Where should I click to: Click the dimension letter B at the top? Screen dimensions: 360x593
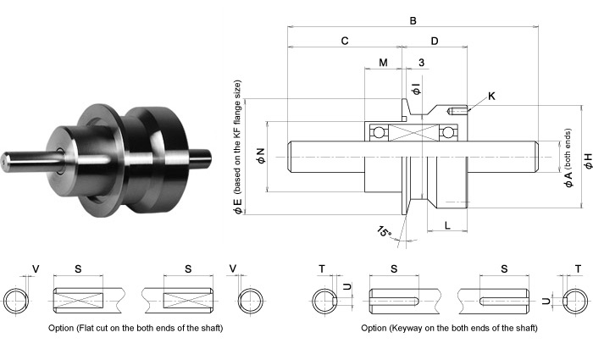click(413, 19)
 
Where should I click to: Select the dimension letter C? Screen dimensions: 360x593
click(345, 41)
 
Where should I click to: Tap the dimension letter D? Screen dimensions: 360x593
click(435, 41)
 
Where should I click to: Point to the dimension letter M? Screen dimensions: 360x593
click(383, 63)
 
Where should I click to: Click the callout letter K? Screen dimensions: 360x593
click(492, 97)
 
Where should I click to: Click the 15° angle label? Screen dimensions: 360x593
click(385, 232)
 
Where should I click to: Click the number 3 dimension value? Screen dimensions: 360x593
click(421, 63)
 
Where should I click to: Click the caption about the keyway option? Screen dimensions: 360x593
click(449, 328)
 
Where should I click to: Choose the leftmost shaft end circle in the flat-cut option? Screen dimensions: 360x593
click(17, 301)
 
